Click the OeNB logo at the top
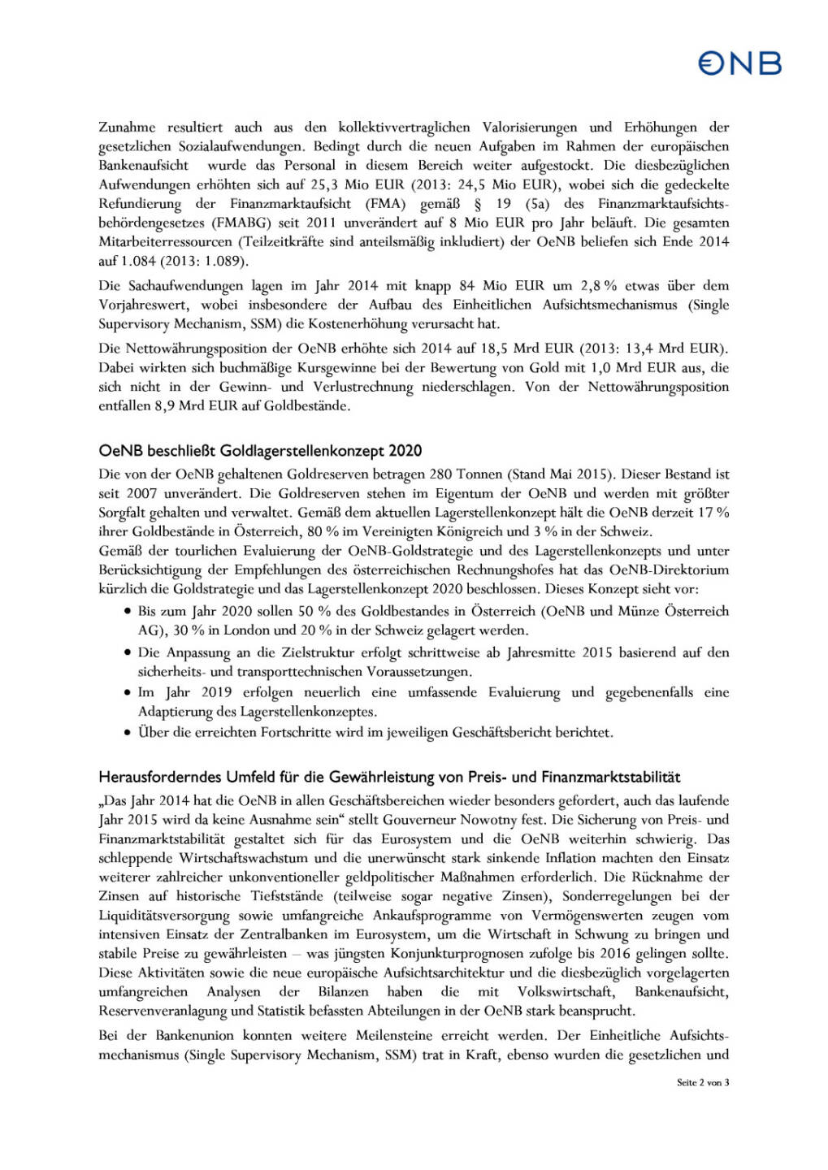[739, 63]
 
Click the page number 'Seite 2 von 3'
[702, 1082]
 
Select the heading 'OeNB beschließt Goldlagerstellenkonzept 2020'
[260, 451]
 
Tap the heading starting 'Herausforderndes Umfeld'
[389, 778]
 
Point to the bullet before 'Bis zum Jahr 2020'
[128, 611]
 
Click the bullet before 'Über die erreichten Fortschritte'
[128, 733]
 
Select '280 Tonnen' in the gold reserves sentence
[466, 474]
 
